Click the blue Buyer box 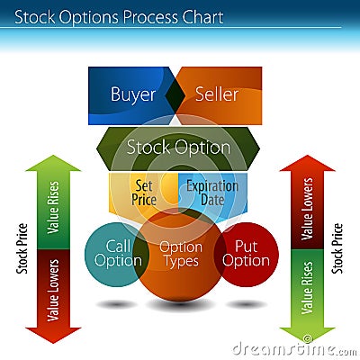pos(129,95)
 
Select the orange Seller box pos(222,95)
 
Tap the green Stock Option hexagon pos(178,148)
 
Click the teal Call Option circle pos(114,255)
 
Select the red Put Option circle pos(247,255)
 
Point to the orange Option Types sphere pos(181,255)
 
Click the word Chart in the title pos(202,17)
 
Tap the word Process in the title pos(149,18)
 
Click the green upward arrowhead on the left pos(53,163)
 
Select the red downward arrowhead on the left pos(53,336)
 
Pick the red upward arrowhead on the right pos(307,163)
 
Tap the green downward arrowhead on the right pos(307,336)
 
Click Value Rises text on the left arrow pos(53,207)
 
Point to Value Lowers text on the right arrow pos(307,209)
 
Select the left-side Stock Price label pos(22,248)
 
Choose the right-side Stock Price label pos(337,248)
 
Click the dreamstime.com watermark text pos(294,349)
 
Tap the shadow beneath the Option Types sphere pos(180,305)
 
